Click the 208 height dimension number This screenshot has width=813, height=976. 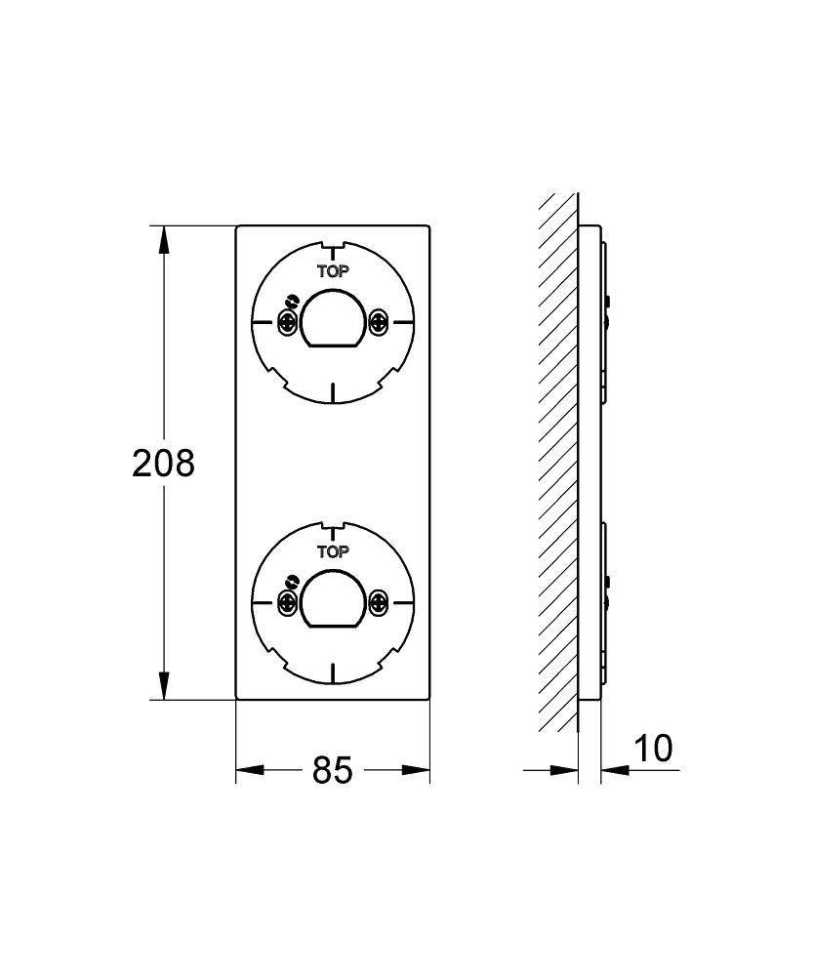[163, 463]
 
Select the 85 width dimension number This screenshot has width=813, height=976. [333, 770]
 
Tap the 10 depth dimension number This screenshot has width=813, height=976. [653, 749]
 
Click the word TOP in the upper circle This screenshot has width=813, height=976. [333, 271]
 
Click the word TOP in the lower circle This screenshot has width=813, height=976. [333, 551]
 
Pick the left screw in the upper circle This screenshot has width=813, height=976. [288, 322]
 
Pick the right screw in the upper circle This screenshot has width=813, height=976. [378, 322]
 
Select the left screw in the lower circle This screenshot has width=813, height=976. [288, 602]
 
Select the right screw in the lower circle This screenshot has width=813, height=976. [378, 602]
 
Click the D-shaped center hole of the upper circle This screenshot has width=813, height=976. [333, 318]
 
